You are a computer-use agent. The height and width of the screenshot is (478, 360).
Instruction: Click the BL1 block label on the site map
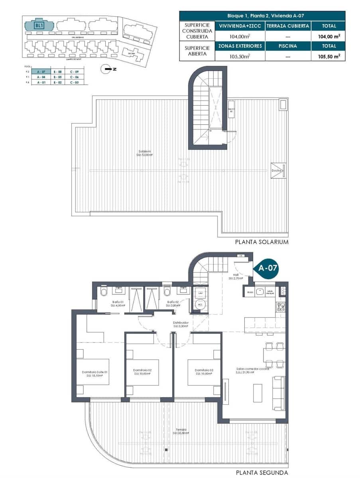tap(39, 25)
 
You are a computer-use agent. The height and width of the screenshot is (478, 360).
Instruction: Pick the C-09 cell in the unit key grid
tap(74, 71)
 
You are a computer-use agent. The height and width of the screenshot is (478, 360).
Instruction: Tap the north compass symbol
tap(107, 69)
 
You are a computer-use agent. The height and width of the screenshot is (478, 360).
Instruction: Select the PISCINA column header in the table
tap(287, 46)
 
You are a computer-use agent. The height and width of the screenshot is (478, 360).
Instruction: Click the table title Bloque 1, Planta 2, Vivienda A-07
tap(262, 16)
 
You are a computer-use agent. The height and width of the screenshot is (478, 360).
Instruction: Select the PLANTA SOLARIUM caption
tap(262, 242)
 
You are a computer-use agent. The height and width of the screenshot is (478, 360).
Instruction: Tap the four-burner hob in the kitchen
tap(281, 306)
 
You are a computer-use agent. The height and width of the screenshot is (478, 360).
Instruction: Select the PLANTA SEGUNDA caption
tap(262, 473)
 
